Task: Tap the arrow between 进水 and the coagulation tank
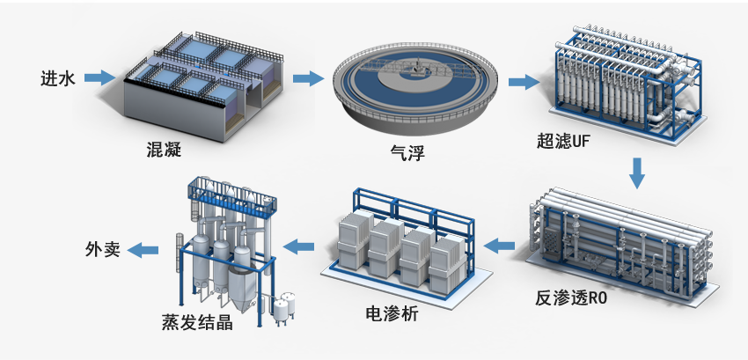[x=101, y=78]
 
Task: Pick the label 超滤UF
[x=565, y=141]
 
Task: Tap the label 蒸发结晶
[x=197, y=323]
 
